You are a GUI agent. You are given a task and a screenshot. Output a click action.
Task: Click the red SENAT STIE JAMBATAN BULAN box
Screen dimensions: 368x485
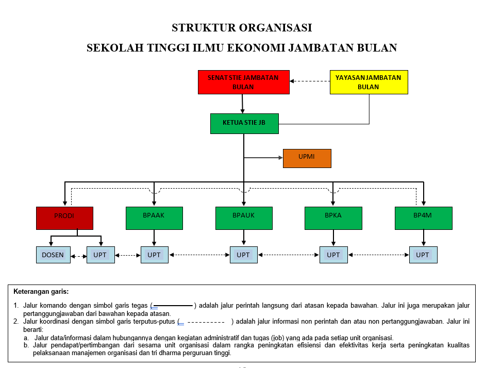243,82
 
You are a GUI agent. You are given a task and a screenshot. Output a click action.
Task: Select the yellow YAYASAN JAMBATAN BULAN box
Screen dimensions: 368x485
369,82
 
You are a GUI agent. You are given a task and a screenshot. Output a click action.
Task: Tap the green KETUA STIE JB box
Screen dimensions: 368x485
244,124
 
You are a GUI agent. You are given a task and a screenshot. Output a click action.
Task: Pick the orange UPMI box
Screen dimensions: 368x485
307,158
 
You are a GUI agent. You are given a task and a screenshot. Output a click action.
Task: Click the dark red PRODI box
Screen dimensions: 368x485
64,218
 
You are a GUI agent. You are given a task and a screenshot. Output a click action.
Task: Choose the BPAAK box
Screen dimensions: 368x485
154,218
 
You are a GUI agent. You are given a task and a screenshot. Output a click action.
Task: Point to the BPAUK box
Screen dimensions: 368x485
243,218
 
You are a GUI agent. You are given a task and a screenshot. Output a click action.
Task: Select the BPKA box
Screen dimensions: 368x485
333,218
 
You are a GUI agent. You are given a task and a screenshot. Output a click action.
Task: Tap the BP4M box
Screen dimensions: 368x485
423,218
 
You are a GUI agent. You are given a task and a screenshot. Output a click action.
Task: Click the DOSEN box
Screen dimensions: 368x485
53,255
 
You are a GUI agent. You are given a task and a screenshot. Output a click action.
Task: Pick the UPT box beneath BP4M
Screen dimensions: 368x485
423,255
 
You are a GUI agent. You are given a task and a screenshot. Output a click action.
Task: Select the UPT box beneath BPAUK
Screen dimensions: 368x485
243,255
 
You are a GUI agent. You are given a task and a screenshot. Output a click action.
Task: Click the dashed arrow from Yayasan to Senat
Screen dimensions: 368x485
310,81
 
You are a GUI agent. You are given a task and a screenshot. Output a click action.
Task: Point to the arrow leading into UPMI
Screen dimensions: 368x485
263,158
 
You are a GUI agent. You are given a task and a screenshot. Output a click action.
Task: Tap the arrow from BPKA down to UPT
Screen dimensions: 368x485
333,238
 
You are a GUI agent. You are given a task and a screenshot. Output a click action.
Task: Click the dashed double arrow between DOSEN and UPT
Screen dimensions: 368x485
78,256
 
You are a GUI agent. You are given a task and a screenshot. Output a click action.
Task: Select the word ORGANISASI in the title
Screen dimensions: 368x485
277,27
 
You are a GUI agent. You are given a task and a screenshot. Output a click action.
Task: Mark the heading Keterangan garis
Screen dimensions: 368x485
41,292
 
